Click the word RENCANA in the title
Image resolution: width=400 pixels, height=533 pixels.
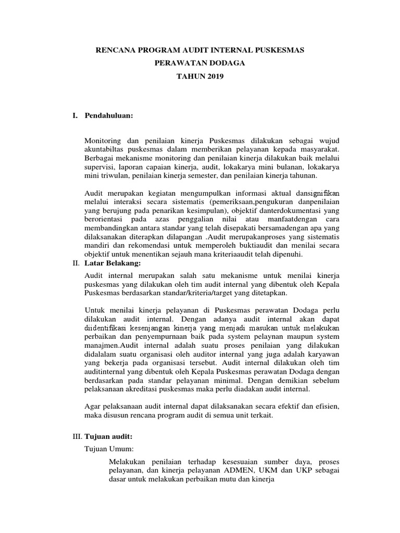click(114, 50)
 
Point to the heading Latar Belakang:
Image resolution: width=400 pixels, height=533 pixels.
click(113, 264)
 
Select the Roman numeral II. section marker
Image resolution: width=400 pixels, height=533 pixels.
click(77, 264)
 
